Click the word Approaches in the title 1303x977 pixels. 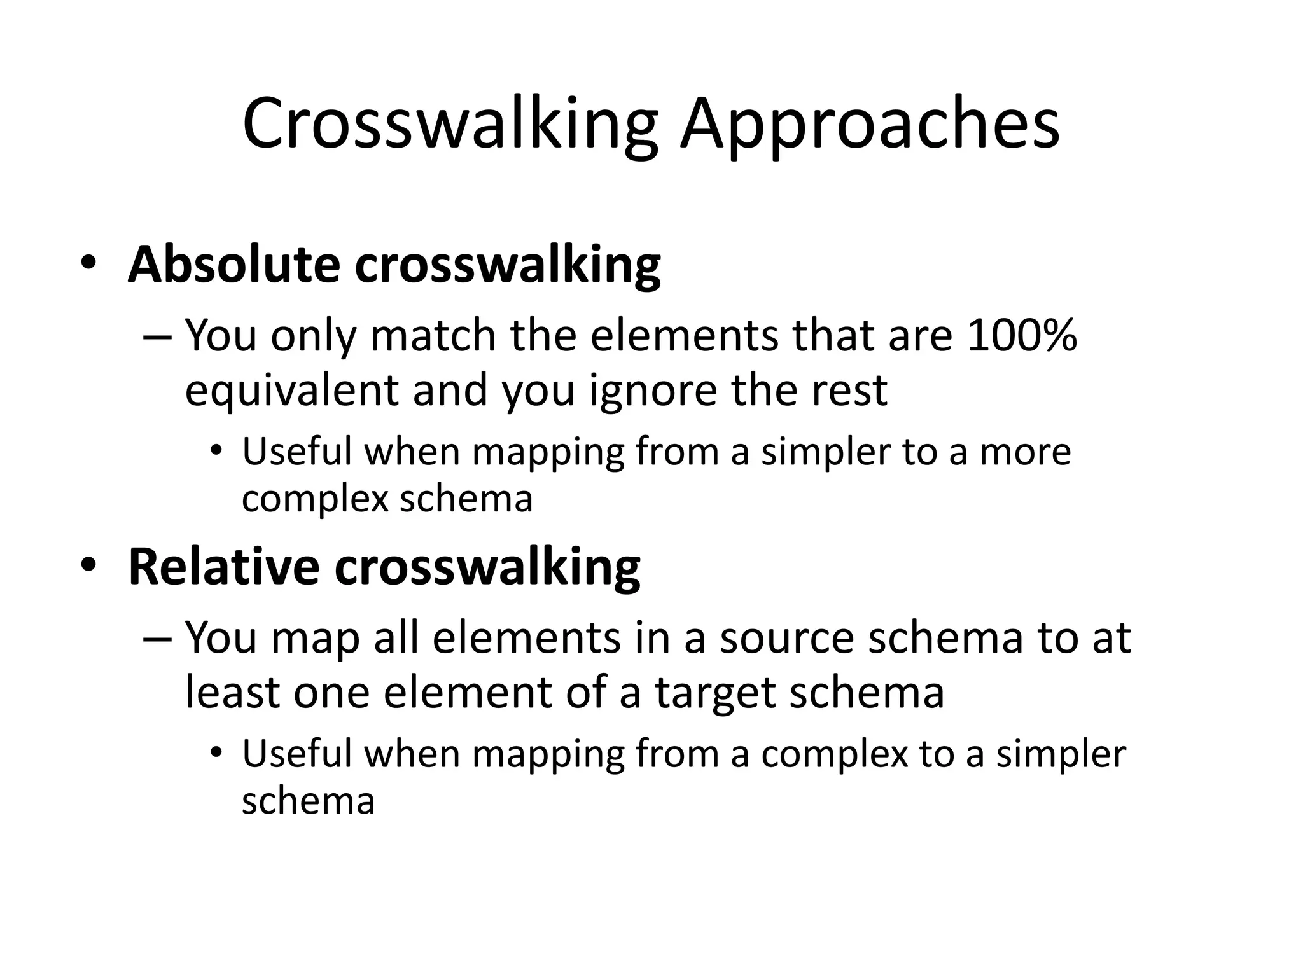869,125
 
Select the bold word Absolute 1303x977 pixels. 234,265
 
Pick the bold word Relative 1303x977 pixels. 223,567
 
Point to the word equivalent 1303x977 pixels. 291,390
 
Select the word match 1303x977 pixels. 433,335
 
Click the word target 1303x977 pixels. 715,693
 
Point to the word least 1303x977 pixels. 232,692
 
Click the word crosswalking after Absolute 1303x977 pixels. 508,265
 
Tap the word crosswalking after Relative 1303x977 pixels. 487,567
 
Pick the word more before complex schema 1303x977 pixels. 1025,452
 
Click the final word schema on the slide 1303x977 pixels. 308,801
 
